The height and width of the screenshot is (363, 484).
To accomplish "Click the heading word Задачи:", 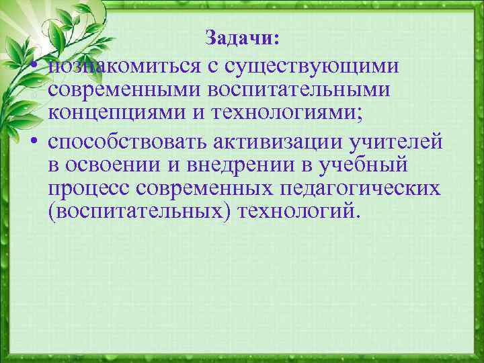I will click(241, 38).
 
